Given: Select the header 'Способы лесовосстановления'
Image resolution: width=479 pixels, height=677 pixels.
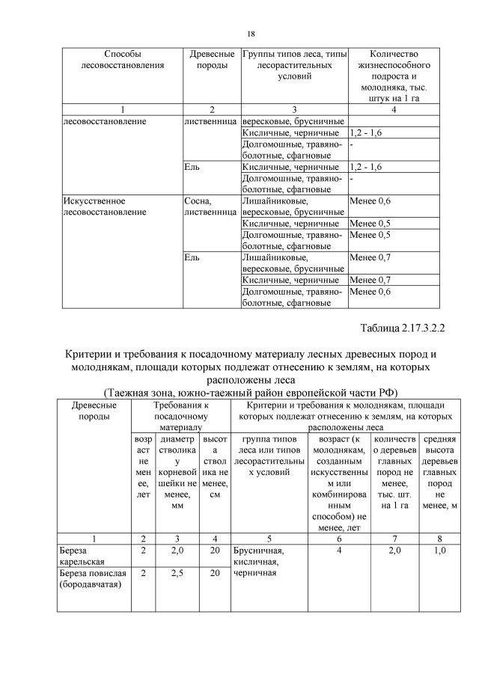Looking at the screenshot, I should (121, 59).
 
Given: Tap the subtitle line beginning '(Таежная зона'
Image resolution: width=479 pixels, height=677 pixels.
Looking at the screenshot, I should (250, 393).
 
